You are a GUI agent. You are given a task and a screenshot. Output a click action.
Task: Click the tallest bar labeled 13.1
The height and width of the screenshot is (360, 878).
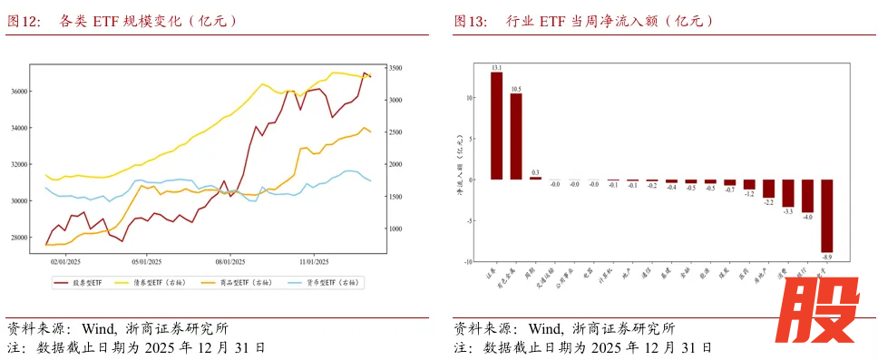click(496, 125)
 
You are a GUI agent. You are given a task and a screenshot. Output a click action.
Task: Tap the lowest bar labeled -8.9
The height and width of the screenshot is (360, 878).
click(827, 215)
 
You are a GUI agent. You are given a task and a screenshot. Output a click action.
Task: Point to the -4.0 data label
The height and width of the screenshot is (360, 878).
click(807, 218)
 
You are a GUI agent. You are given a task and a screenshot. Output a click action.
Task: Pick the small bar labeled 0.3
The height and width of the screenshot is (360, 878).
click(535, 178)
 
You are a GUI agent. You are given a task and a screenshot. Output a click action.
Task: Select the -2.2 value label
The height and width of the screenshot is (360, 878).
click(768, 203)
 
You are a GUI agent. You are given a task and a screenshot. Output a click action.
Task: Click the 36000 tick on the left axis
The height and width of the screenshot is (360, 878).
click(18, 92)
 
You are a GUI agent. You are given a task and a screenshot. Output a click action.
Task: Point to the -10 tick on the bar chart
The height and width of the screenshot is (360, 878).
click(468, 262)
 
